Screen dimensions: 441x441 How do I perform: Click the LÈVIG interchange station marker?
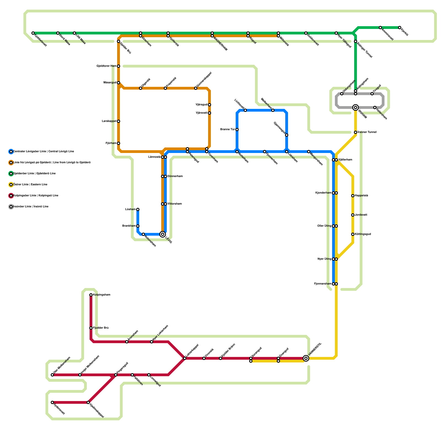click(163, 234)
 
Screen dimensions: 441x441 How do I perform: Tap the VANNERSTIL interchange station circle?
click(306, 358)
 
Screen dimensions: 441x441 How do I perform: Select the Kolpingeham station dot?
click(91, 295)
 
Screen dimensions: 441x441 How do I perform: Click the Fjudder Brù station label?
click(101, 328)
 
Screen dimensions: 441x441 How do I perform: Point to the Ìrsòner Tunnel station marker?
click(356, 132)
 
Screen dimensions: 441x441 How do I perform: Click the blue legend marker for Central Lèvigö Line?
click(11, 152)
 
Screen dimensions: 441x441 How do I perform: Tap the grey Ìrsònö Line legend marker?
click(11, 207)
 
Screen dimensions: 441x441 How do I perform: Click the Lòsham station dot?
click(138, 209)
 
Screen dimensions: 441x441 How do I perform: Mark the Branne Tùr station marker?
click(237, 130)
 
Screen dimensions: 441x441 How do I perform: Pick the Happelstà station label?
click(361, 196)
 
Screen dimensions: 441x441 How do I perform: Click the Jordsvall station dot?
click(353, 215)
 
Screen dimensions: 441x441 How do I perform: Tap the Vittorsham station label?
click(174, 204)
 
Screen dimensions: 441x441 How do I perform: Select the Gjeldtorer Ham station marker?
click(119, 66)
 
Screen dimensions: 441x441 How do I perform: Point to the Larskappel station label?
click(109, 121)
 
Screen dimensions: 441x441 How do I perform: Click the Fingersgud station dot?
click(116, 375)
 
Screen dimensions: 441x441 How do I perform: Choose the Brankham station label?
click(129, 226)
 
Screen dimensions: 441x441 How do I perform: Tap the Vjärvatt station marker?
click(209, 113)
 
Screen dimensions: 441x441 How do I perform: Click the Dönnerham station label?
click(175, 176)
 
